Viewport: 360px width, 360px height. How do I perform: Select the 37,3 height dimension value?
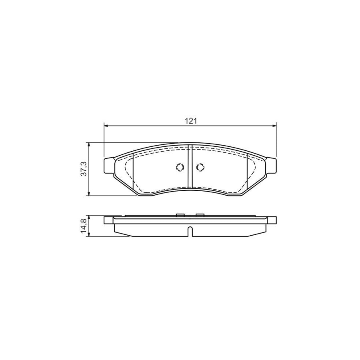coord(83,169)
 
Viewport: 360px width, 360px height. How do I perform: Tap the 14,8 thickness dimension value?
coord(83,226)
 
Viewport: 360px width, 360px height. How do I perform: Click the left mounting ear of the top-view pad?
coord(108,166)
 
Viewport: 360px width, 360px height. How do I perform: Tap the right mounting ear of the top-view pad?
coord(272,166)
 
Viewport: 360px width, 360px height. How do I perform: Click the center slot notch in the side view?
coord(190,231)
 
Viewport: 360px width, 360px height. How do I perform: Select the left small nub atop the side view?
coord(180,215)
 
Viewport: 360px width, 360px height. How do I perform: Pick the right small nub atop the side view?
coord(200,215)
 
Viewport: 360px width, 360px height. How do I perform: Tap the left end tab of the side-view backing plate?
coord(108,220)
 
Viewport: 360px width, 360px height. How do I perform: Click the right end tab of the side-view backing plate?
coord(272,220)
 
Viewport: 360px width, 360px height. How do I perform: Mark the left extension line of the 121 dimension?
coord(104,140)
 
